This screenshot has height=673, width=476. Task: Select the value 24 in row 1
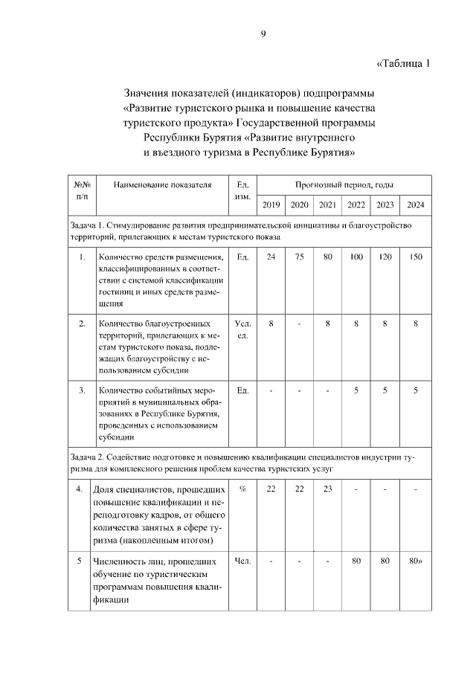(271, 257)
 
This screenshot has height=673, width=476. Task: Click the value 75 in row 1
(300, 257)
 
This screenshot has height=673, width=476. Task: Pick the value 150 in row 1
(415, 257)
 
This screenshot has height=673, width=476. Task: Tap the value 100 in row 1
(356, 257)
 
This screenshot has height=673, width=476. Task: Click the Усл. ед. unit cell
(242, 329)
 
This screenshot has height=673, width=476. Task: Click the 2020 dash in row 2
(300, 323)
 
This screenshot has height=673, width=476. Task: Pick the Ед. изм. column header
(242, 190)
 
